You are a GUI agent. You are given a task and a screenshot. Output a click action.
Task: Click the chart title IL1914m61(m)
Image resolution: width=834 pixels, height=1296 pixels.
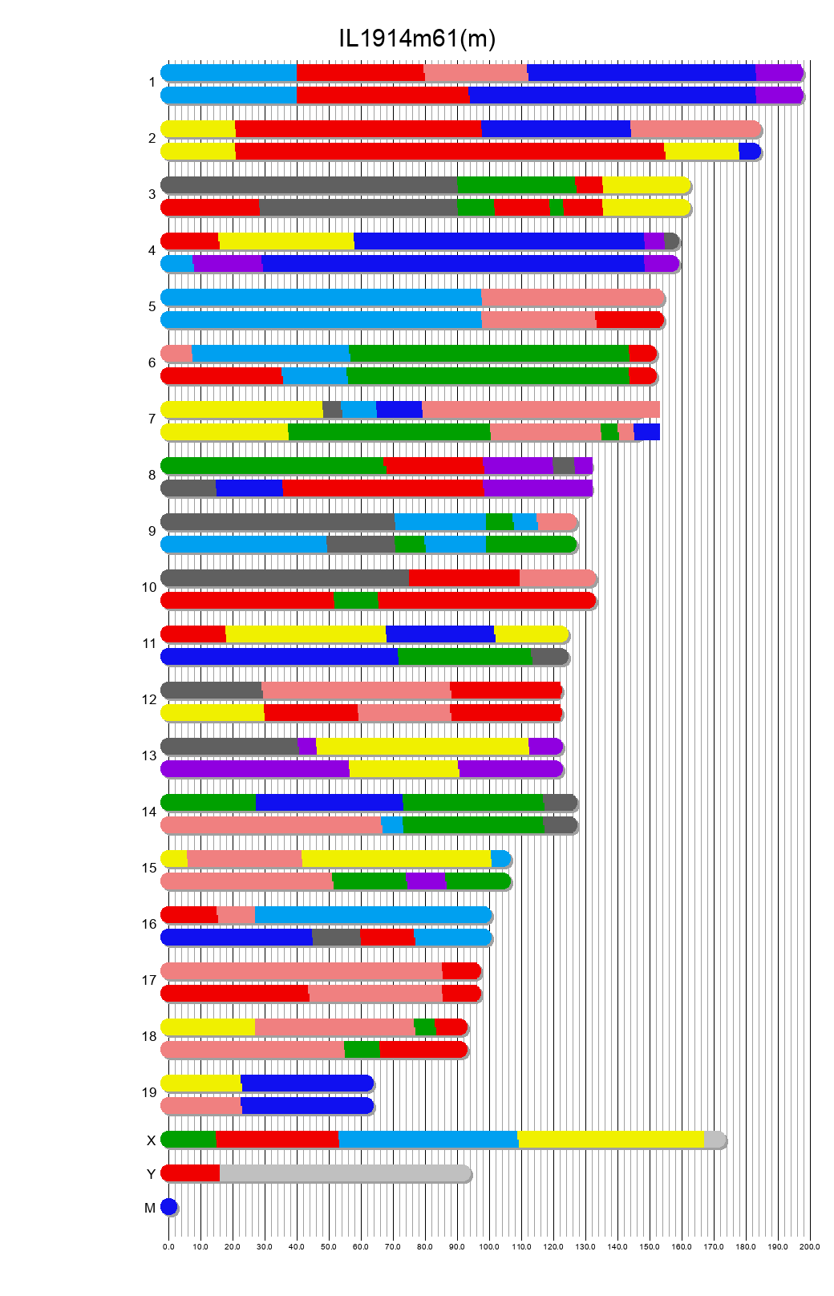click(x=417, y=38)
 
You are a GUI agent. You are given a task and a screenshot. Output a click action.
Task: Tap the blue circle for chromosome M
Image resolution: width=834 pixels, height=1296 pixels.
click(x=168, y=1206)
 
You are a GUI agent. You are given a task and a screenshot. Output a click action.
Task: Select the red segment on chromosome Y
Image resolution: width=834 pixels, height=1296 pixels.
click(x=191, y=1172)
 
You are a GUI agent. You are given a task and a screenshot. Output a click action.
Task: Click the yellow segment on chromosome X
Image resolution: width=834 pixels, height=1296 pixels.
click(x=611, y=1139)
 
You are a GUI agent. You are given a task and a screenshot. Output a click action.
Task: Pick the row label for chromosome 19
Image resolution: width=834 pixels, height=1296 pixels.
click(x=149, y=1092)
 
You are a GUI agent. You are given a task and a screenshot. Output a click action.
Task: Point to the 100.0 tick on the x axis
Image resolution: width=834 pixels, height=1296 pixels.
click(x=489, y=1246)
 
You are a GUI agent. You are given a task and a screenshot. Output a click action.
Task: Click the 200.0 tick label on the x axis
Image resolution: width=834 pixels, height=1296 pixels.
click(x=810, y=1246)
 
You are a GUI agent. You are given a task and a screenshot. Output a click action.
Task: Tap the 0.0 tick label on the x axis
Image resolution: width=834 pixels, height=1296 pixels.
click(x=168, y=1246)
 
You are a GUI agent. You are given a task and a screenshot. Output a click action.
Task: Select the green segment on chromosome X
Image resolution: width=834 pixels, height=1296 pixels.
click(x=189, y=1139)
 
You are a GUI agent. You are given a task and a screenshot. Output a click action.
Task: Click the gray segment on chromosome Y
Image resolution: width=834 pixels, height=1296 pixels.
click(x=345, y=1172)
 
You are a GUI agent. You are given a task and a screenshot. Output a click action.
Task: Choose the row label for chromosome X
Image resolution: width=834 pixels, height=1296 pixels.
click(x=151, y=1140)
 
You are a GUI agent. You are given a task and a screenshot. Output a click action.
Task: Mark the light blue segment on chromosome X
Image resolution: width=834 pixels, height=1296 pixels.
click(x=428, y=1139)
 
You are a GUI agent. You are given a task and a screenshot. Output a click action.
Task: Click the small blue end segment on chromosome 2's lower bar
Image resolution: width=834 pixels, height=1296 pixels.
click(x=749, y=151)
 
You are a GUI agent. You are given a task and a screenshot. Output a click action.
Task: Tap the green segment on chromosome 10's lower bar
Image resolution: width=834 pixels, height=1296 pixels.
click(x=356, y=600)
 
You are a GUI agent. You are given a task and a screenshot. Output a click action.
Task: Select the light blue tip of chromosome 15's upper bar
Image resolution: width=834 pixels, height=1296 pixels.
click(x=500, y=858)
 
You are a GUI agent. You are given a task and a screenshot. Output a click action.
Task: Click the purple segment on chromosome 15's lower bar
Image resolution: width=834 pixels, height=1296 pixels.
click(x=426, y=881)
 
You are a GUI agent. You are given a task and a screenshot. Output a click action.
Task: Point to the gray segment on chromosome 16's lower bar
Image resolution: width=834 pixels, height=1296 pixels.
click(x=336, y=937)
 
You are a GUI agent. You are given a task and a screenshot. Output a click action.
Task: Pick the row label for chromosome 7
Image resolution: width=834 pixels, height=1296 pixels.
click(x=152, y=419)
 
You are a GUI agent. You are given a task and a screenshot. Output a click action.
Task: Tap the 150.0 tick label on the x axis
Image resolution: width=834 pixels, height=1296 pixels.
click(x=650, y=1246)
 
